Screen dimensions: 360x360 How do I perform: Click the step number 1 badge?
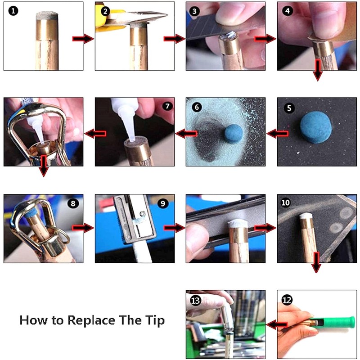click(13, 11)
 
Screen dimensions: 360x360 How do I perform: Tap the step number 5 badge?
click(289, 108)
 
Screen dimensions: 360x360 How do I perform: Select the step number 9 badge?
click(163, 203)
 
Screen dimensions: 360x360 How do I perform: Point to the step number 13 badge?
click(195, 300)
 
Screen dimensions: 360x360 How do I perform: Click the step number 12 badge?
click(287, 300)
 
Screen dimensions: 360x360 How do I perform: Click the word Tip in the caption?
click(155, 320)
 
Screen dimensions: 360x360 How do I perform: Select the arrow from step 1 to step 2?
click(83, 38)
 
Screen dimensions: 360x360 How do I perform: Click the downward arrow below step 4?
click(318, 70)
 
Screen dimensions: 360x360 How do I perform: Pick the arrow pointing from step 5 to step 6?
click(278, 133)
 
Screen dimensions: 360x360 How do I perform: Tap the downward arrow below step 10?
click(316, 262)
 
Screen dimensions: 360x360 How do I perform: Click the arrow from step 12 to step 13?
click(277, 325)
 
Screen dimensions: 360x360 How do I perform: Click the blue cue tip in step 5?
click(316, 127)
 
